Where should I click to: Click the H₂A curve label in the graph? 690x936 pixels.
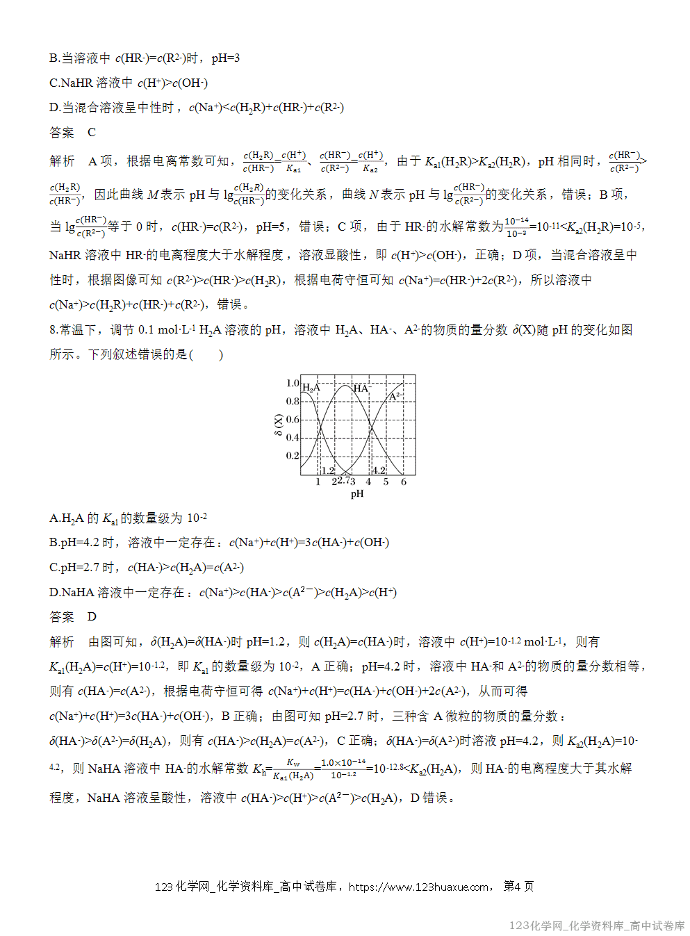point(311,388)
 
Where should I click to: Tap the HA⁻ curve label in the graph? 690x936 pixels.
point(361,388)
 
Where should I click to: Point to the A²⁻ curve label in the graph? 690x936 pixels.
point(395,396)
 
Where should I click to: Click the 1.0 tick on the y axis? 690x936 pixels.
point(293,383)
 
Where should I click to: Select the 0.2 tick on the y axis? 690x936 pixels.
point(293,456)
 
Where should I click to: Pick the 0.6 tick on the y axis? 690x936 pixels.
point(293,419)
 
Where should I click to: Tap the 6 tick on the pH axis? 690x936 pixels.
point(404,482)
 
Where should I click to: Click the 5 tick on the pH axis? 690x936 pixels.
point(386,482)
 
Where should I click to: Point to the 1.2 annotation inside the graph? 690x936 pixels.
point(327,470)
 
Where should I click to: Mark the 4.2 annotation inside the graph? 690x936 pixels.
point(379,470)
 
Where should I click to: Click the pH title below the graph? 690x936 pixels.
point(357,494)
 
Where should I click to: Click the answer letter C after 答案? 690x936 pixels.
point(92,132)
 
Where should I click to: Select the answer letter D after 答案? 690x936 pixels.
point(92,617)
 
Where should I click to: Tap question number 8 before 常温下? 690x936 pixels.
point(54,330)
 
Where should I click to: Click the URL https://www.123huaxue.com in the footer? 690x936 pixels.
point(418,887)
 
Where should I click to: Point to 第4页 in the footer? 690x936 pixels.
point(518,886)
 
